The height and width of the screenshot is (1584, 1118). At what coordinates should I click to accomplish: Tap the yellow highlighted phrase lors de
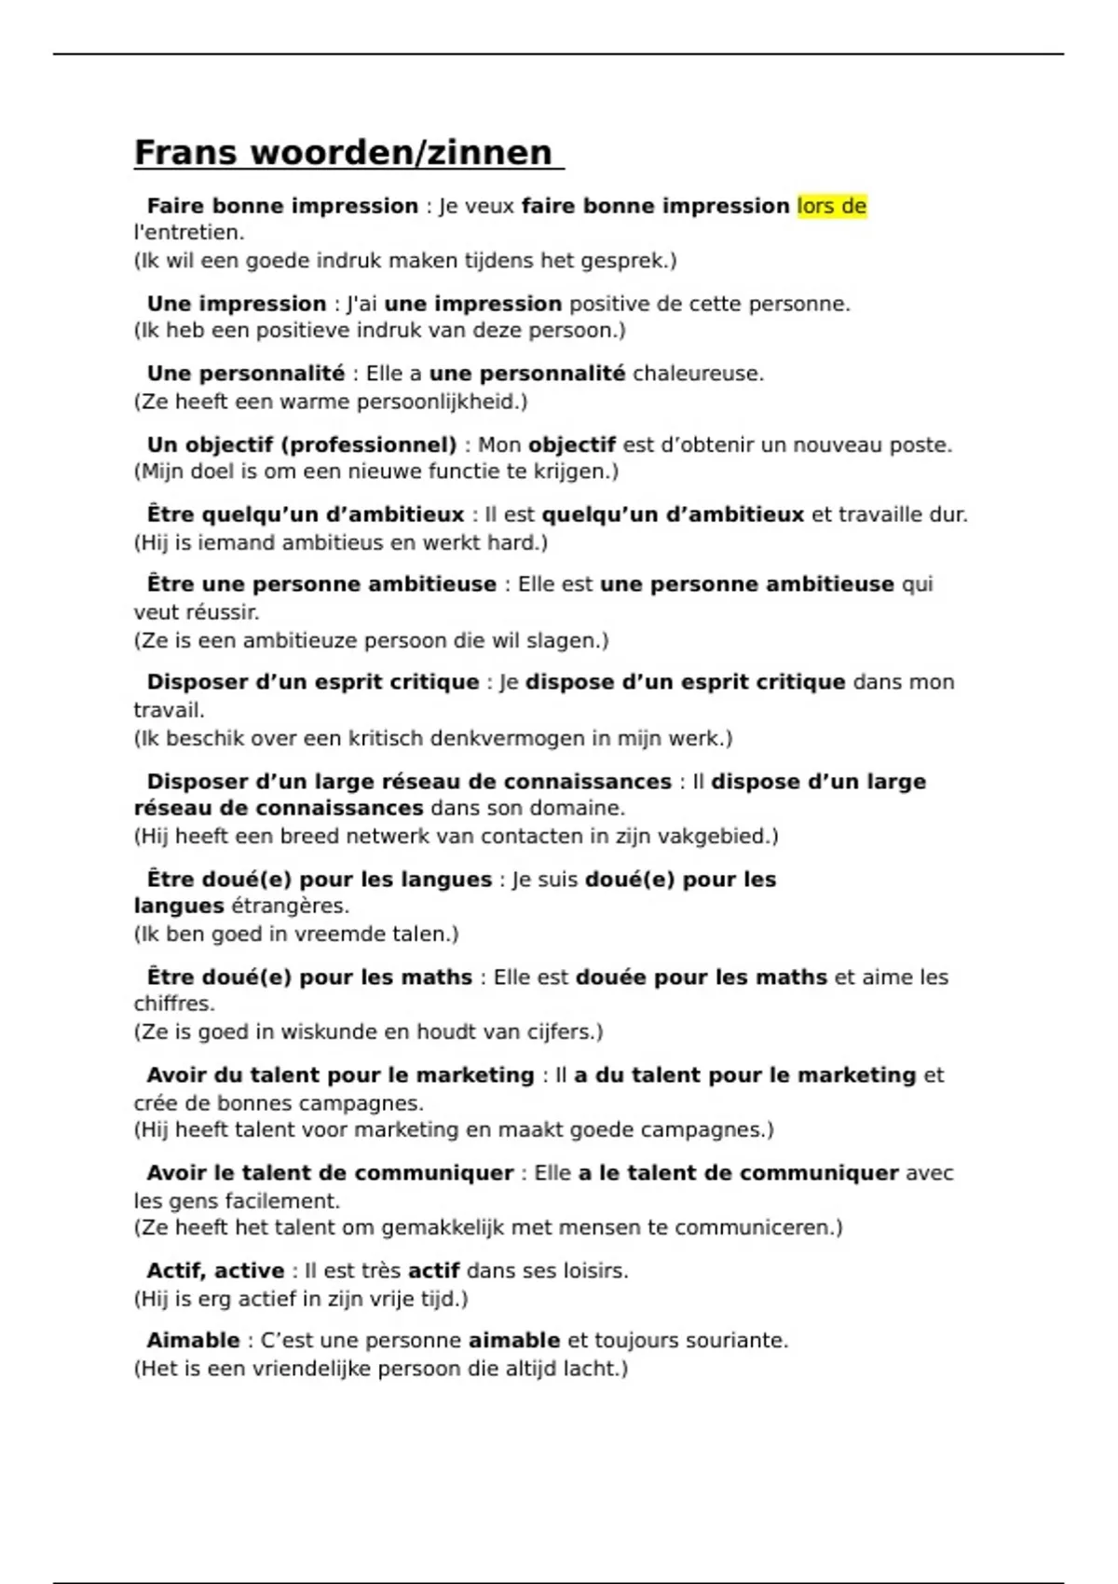(832, 206)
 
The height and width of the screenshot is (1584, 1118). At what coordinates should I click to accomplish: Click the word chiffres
(173, 1004)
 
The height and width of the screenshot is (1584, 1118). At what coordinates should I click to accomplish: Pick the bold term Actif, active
(215, 1271)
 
